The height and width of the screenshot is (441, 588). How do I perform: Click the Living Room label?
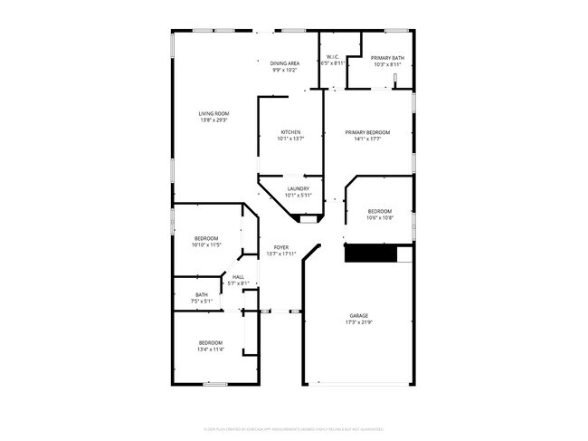click(213, 113)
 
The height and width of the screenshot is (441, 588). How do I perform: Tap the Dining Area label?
click(285, 63)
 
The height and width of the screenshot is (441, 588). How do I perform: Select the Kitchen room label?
click(291, 132)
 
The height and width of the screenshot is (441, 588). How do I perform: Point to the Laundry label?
click(299, 188)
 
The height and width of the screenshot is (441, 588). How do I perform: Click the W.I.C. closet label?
click(333, 57)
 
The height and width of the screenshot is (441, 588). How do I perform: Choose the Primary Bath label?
click(388, 58)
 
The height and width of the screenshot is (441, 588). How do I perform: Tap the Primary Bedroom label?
click(367, 132)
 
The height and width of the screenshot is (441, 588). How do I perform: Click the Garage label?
click(359, 315)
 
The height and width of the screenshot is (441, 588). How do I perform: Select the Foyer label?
click(281, 246)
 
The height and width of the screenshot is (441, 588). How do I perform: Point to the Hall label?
click(239, 277)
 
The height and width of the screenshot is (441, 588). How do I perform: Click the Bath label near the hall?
click(201, 293)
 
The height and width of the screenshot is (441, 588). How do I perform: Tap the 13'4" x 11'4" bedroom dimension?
click(211, 349)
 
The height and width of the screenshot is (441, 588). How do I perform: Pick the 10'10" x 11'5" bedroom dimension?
click(207, 244)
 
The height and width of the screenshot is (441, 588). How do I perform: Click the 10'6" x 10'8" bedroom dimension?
click(380, 217)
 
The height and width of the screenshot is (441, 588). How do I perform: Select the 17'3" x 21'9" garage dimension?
click(359, 322)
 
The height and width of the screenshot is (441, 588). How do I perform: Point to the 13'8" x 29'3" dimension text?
click(213, 120)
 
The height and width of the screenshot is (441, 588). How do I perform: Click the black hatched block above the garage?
click(372, 254)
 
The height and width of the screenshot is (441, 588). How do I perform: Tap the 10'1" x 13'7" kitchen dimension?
click(291, 139)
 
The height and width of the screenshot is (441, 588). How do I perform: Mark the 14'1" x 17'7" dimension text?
click(367, 139)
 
